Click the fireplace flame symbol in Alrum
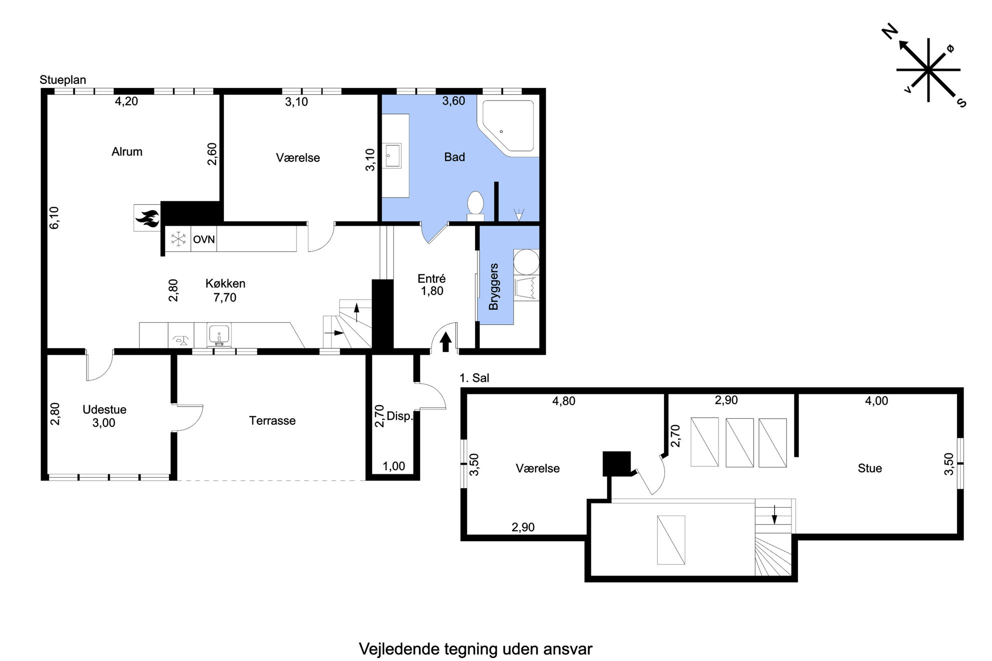[147, 218]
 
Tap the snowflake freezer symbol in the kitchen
[178, 239]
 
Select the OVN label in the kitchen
[204, 239]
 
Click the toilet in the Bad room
[475, 206]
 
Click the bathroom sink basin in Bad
[393, 155]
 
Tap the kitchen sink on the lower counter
[219, 334]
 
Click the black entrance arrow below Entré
[445, 342]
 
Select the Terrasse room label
[272, 421]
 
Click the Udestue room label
[104, 410]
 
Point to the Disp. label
[399, 416]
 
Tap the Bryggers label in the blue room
[493, 286]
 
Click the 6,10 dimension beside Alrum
[54, 218]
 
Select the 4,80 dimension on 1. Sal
[563, 401]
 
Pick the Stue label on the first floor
[869, 468]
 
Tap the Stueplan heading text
[63, 80]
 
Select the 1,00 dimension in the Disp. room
[394, 466]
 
